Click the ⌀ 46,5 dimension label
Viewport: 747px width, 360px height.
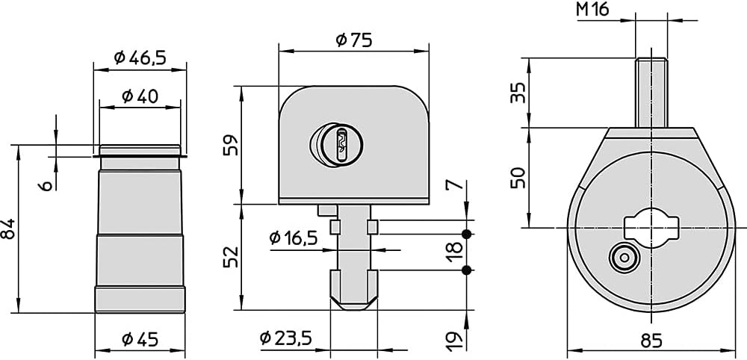point(140,58)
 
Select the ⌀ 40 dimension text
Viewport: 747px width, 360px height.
point(140,96)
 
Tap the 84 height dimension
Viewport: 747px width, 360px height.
point(8,229)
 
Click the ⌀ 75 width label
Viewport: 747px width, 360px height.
point(353,40)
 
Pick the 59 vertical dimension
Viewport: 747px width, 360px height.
point(231,145)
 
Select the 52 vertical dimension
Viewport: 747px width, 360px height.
point(231,257)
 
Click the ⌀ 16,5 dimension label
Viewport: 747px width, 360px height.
point(293,238)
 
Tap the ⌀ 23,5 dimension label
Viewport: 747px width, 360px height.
point(286,338)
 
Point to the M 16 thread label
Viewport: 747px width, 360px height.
point(592,9)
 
